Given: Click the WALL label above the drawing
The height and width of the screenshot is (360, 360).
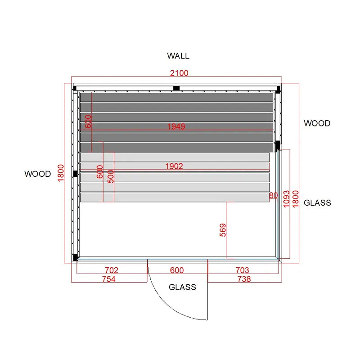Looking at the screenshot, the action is pyautogui.click(x=178, y=56).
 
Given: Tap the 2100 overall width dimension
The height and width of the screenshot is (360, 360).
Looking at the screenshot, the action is pyautogui.click(x=179, y=73).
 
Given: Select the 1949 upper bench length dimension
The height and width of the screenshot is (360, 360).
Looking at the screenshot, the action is pyautogui.click(x=176, y=126).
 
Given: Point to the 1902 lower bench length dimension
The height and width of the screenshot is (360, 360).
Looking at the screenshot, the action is pyautogui.click(x=174, y=166).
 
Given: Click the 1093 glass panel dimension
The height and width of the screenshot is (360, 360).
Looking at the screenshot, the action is pyautogui.click(x=286, y=199).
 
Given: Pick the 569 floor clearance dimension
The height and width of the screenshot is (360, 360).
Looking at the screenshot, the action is pyautogui.click(x=223, y=230).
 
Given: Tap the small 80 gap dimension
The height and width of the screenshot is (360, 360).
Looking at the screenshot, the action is pyautogui.click(x=273, y=195).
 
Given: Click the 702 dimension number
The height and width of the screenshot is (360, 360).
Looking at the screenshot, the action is pyautogui.click(x=111, y=270).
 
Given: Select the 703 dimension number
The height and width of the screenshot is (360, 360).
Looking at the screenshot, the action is pyautogui.click(x=242, y=270).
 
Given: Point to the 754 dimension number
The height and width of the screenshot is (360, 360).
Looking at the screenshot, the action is pyautogui.click(x=108, y=279).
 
